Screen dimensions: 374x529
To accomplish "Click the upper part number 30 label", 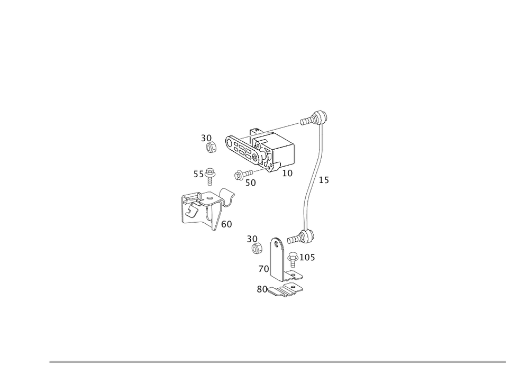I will [x=206, y=138].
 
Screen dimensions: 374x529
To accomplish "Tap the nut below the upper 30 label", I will [x=211, y=148].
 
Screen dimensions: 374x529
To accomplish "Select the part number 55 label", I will [x=198, y=174].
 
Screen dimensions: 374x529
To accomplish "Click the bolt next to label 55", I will [x=211, y=172].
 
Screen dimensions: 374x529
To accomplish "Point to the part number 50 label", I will [x=251, y=182].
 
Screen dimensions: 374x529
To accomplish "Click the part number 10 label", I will [x=288, y=173].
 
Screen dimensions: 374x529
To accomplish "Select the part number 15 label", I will [x=324, y=180].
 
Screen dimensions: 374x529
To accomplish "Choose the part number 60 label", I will [x=226, y=224].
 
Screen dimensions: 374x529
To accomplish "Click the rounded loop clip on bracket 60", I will [x=227, y=195].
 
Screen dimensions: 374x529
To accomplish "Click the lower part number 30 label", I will [x=252, y=239].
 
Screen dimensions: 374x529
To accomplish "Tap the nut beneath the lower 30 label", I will [x=257, y=248].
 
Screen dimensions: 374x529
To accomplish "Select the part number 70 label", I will [x=263, y=269].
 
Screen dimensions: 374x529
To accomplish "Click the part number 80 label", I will [x=261, y=289].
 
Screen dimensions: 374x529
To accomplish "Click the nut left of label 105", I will [x=293, y=258].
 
